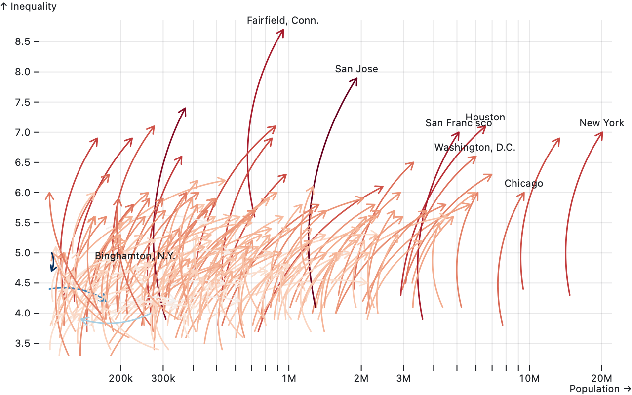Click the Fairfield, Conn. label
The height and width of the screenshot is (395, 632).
[x=283, y=21]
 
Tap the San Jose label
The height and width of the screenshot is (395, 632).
[x=356, y=69]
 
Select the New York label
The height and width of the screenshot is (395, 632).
[x=601, y=123]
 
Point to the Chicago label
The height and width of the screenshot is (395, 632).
[x=523, y=184]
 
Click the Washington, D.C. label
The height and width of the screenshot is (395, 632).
[x=474, y=148]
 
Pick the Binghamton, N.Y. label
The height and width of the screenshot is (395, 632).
[x=135, y=256]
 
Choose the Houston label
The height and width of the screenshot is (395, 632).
[x=485, y=118]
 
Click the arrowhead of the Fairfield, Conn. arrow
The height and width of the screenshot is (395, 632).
[x=282, y=31]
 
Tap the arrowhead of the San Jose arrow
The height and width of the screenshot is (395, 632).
[x=356, y=79]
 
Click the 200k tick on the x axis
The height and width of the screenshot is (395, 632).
[x=120, y=378]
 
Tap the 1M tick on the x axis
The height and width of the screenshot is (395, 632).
[x=289, y=378]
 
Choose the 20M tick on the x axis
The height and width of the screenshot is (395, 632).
[x=601, y=378]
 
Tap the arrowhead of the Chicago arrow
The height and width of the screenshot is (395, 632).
[x=523, y=194]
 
